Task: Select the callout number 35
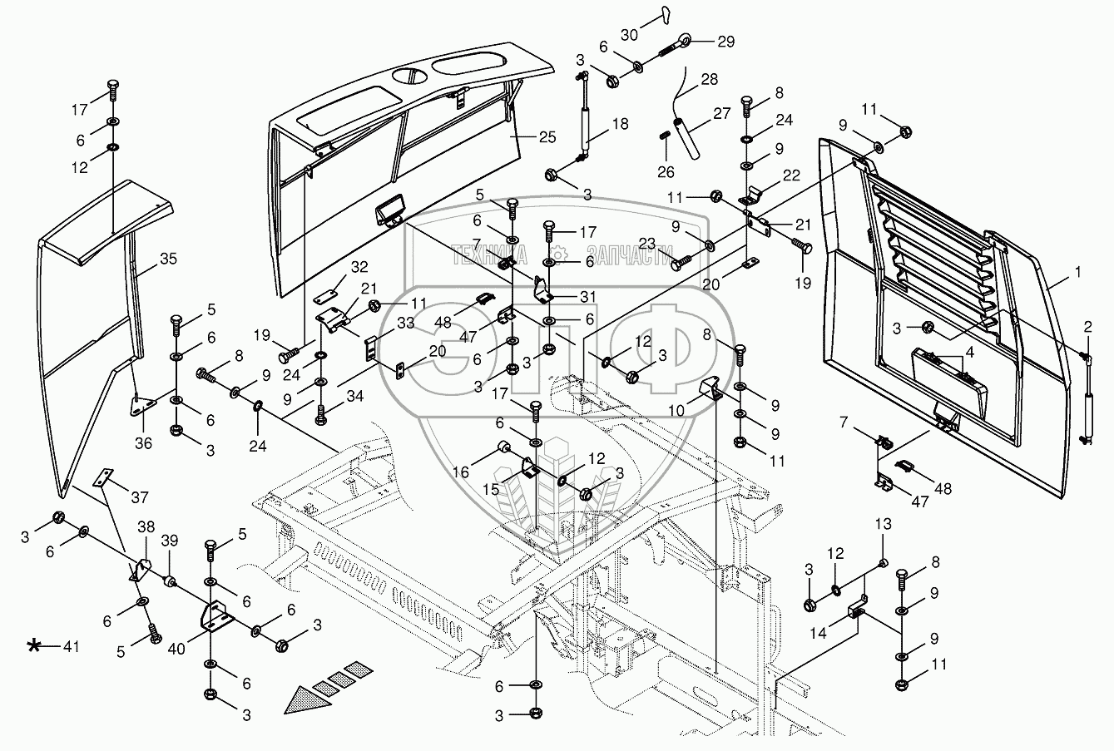[169, 259]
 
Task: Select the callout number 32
[359, 267]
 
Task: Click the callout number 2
[1087, 325]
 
